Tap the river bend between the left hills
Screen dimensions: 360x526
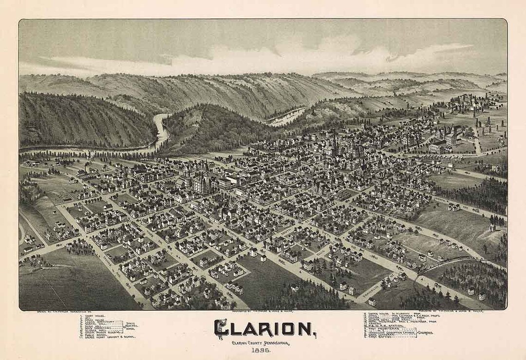[x=161, y=129]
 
